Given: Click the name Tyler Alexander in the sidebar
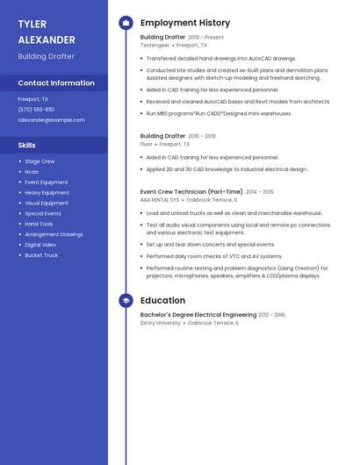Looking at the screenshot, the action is point(46,32).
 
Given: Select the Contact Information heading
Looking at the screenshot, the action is point(56,82).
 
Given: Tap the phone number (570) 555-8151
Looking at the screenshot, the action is point(36,110).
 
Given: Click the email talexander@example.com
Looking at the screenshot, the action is point(51,119).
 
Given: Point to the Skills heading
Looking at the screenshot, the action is point(26,145).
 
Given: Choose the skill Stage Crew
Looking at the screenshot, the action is point(40,161).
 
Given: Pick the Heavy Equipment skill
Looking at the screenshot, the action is point(47,192).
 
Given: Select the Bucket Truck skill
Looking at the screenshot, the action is point(41,255).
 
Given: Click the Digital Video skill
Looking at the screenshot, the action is point(40,245).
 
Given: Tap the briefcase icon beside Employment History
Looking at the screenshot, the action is point(126,23).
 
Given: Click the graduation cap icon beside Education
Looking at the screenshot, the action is point(126,300).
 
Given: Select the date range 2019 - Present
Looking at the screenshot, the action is point(206,38).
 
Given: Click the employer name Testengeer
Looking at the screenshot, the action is point(155,45).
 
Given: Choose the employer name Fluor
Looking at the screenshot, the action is point(147,143).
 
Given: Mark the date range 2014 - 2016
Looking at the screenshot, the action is point(260,191).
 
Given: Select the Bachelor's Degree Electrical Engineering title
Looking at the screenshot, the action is point(198,315).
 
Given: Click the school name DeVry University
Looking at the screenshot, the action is point(161,322).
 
